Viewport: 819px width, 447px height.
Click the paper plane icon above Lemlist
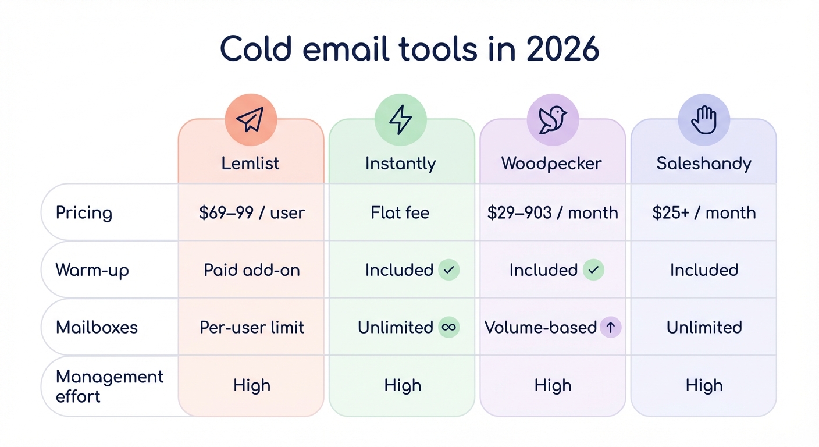pos(250,119)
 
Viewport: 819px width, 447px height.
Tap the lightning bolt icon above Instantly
pos(400,119)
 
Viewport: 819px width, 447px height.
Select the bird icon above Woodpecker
pos(552,119)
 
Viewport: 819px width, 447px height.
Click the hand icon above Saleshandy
pos(703,119)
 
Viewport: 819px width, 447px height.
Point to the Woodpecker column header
pos(552,163)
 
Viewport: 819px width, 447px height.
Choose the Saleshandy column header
pos(704,163)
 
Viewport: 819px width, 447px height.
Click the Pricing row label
pos(84,212)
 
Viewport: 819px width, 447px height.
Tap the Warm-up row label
pos(92,270)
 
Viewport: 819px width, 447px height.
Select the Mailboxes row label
pos(97,327)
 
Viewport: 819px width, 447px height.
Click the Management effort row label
pos(109,386)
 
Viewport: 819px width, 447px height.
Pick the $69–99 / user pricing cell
pos(251,212)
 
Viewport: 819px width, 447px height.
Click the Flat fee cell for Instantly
pos(400,212)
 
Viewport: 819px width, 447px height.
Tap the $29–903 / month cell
pos(553,212)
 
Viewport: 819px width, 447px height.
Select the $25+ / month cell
pos(704,212)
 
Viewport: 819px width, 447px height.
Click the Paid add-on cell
pos(251,270)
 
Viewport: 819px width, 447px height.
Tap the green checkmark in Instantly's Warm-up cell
pos(449,270)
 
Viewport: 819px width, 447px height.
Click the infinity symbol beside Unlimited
pos(448,327)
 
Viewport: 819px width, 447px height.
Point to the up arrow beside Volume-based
pos(610,327)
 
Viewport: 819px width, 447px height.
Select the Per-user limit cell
pos(251,327)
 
